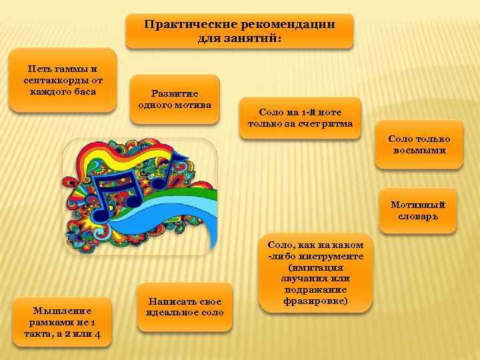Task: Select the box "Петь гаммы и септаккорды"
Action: [63, 79]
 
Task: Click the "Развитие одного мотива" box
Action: [175, 99]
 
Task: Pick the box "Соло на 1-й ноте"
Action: [300, 118]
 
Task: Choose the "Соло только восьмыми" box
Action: [419, 144]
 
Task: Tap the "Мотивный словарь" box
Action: [418, 210]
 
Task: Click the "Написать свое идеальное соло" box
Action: [185, 307]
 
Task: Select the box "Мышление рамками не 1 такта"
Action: [63, 321]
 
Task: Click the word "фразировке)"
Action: [316, 301]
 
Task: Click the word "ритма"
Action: [338, 124]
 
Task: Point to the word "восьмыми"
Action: [419, 150]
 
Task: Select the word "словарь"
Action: [418, 216]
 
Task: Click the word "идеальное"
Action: [167, 313]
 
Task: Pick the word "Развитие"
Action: [175, 94]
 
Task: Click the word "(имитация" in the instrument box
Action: [316, 267]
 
